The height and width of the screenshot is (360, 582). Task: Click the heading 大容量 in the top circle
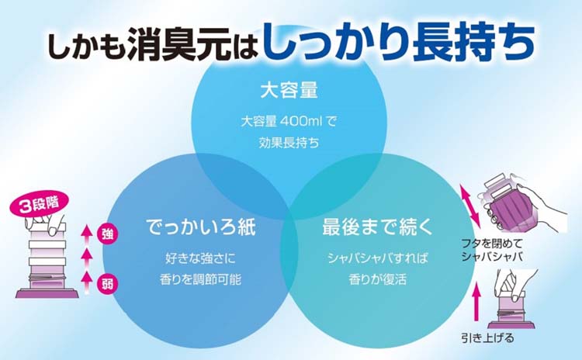[289, 90]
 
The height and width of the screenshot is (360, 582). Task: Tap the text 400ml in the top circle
[300, 121]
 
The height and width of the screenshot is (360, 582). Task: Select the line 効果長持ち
[289, 143]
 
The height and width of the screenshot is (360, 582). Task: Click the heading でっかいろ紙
[201, 227]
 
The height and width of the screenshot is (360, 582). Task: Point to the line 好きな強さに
[200, 258]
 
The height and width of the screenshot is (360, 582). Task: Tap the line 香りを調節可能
[200, 279]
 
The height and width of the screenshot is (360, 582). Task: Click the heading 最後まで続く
[377, 227]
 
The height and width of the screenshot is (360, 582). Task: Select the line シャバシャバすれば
[377, 258]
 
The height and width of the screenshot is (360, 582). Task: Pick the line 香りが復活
[377, 279]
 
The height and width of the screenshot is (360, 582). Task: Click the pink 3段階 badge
[40, 205]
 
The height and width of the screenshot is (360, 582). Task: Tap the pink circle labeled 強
[107, 234]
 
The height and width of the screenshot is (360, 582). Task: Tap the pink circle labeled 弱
[107, 284]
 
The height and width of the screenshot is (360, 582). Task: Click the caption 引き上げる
[487, 337]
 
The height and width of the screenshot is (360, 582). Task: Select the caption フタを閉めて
[491, 244]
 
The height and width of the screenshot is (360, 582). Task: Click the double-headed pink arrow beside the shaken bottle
[470, 206]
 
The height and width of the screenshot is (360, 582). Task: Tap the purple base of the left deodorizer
[47, 293]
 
